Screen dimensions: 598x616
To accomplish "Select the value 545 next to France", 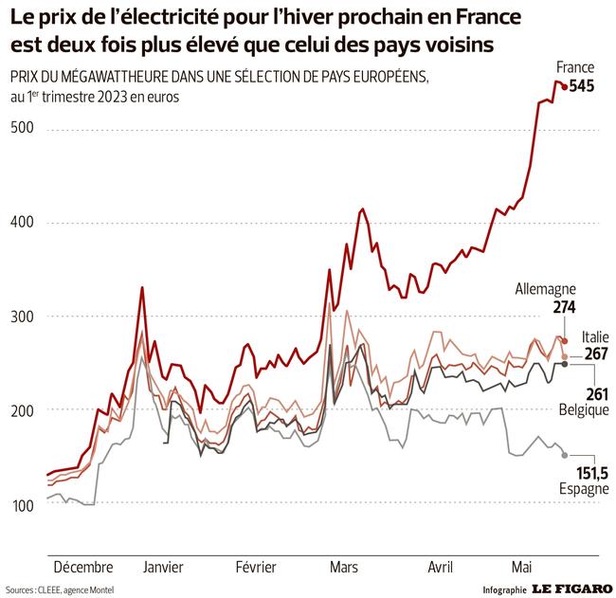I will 580,86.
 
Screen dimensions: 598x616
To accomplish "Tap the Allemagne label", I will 545,289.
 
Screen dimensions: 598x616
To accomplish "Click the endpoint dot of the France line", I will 565,87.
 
